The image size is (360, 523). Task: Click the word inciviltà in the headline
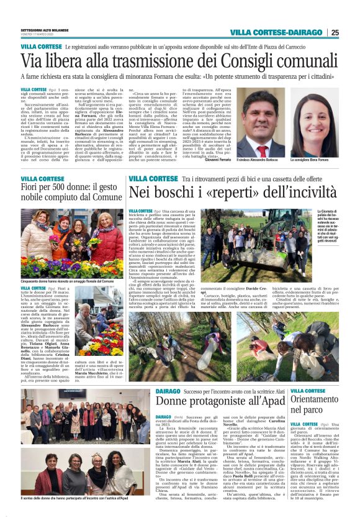pos(296,194)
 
